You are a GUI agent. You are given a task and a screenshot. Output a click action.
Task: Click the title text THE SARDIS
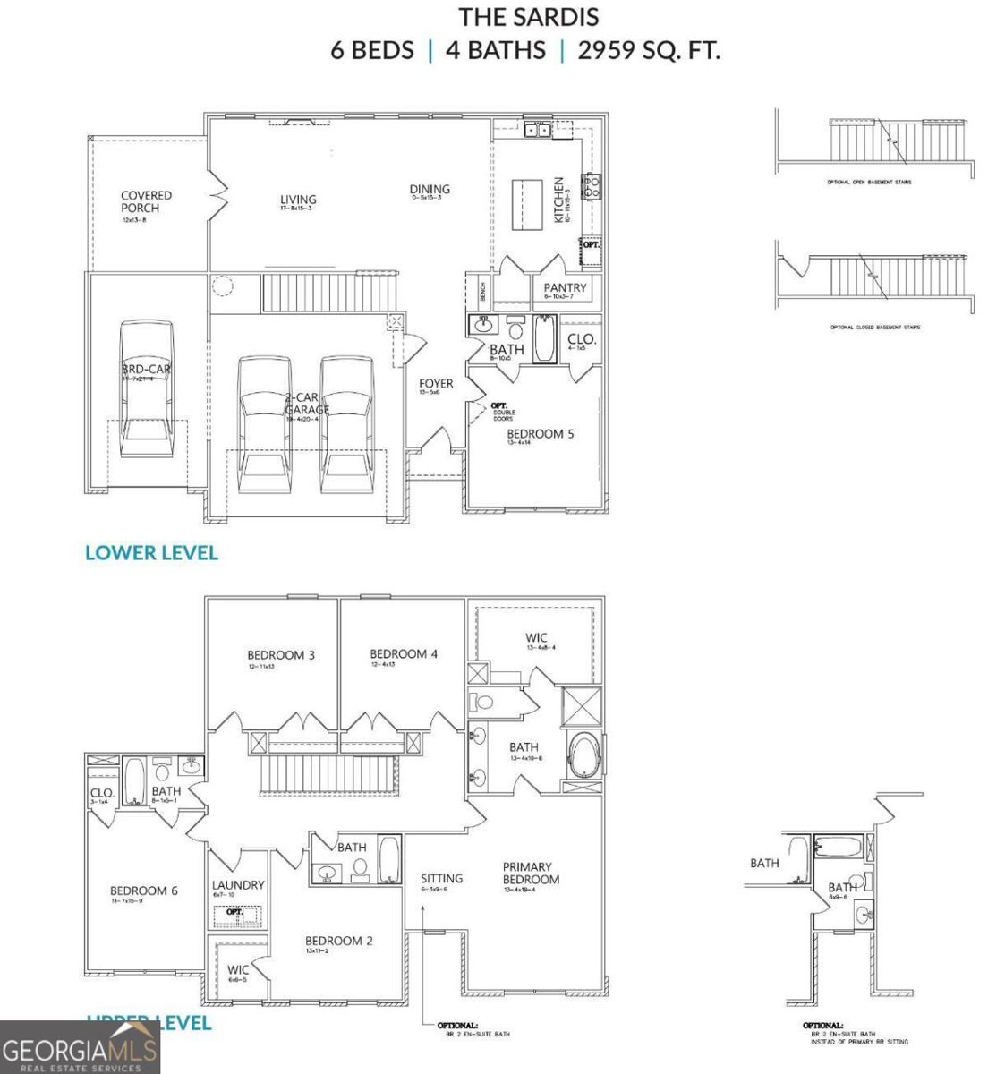529,17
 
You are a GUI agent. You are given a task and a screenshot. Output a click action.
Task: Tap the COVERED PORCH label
146,201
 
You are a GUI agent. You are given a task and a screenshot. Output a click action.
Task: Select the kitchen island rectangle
528,205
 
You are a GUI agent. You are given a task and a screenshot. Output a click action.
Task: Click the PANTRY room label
566,287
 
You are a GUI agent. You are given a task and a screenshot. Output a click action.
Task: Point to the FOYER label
436,384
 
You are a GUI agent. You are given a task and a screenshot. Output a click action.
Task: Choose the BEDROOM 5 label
540,434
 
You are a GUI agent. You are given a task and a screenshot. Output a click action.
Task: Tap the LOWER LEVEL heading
151,552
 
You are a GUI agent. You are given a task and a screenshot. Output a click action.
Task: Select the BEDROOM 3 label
281,654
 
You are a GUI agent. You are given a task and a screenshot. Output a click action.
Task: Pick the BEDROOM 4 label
404,653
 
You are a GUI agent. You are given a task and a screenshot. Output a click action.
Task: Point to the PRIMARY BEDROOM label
531,873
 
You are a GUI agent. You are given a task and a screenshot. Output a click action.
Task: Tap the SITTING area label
441,878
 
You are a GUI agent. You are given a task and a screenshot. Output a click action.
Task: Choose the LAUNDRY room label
238,885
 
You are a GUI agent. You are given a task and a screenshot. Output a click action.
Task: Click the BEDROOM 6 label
144,891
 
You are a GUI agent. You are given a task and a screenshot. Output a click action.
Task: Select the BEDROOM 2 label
338,941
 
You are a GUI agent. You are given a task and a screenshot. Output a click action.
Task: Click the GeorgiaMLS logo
80,1047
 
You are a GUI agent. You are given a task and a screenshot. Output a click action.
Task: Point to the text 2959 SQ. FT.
649,50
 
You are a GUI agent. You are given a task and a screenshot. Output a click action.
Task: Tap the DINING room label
430,189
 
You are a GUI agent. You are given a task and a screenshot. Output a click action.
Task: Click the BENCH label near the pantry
482,290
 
